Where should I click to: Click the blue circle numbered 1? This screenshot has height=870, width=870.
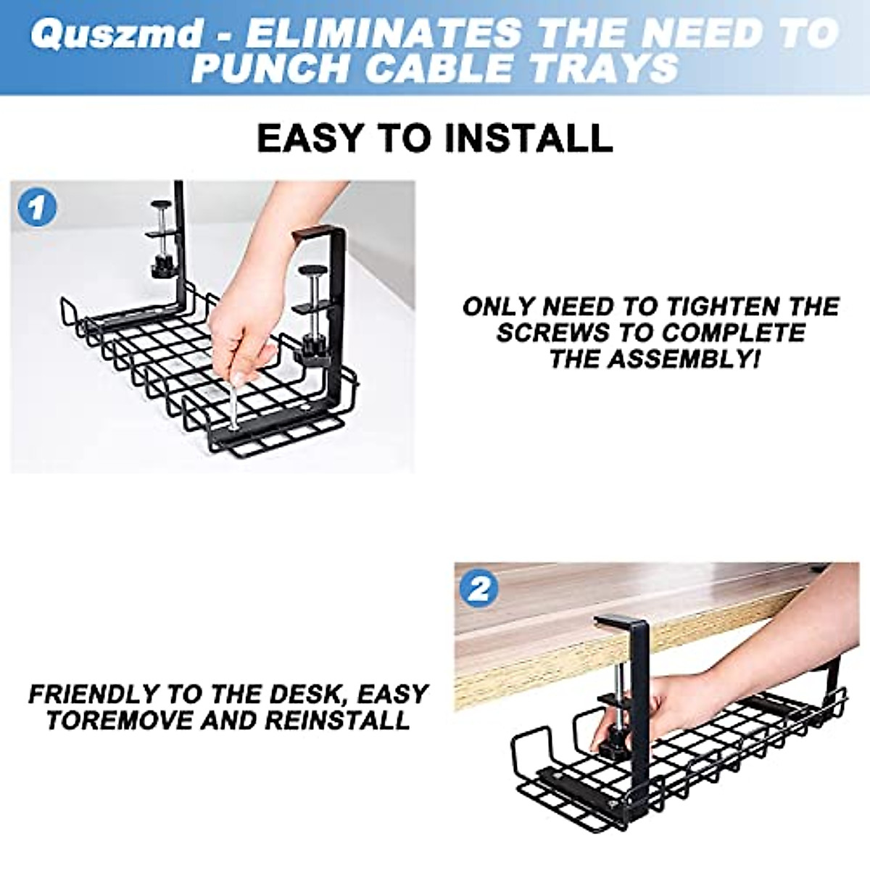tap(37, 208)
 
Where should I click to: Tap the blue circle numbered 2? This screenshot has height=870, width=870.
tap(479, 588)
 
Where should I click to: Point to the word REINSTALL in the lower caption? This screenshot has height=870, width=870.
tap(338, 721)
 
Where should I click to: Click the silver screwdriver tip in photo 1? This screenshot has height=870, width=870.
tap(233, 426)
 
